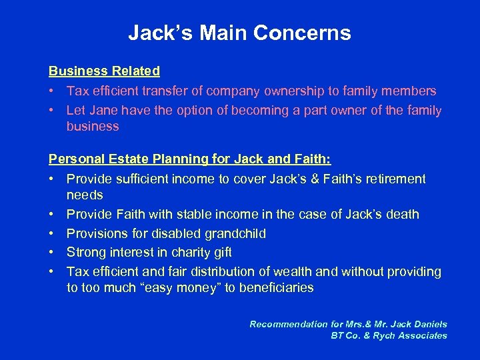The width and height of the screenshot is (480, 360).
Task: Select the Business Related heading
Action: (104, 71)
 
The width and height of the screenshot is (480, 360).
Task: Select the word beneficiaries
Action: (273, 288)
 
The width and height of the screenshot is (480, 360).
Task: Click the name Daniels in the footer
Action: (427, 324)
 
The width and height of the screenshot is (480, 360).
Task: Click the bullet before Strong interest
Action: (52, 253)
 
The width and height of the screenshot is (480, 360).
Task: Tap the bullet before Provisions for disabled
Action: (52, 233)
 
